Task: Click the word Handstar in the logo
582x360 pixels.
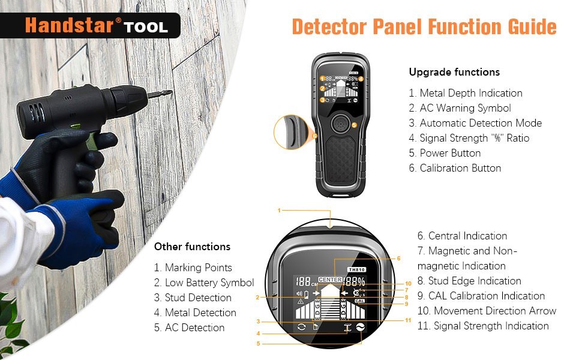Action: [x=69, y=26]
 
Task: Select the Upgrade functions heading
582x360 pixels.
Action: [x=454, y=72]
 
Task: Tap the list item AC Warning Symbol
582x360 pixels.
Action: [x=464, y=108]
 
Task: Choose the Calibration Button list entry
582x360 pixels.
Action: [x=460, y=168]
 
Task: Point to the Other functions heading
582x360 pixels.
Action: [x=192, y=247]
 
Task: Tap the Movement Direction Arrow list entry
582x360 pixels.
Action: [x=494, y=311]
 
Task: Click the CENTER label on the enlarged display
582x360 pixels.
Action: [x=330, y=280]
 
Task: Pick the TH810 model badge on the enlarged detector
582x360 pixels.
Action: [x=356, y=270]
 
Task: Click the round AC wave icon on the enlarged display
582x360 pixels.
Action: [x=362, y=327]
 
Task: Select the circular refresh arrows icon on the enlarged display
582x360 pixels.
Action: [x=301, y=327]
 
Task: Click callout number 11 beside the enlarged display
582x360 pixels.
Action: [x=408, y=320]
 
